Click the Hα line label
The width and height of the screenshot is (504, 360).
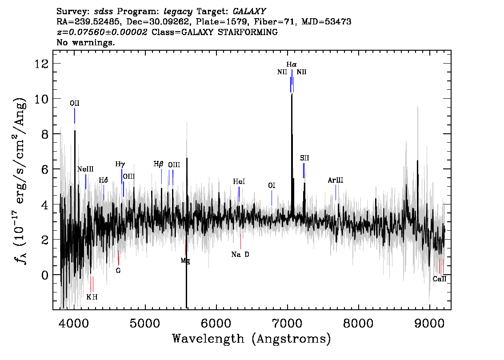pyautogui.click(x=292, y=64)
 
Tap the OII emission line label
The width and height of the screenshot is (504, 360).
pyautogui.click(x=75, y=103)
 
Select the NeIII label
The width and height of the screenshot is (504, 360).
pyautogui.click(x=85, y=169)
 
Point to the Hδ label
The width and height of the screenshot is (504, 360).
pyautogui.click(x=103, y=180)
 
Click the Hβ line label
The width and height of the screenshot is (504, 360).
pyautogui.click(x=159, y=164)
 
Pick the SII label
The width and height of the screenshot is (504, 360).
pyautogui.click(x=304, y=158)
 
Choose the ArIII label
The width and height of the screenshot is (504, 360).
pyautogui.click(x=336, y=180)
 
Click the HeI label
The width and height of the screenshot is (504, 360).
pyautogui.click(x=239, y=182)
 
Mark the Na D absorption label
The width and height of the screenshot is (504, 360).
pyautogui.click(x=240, y=255)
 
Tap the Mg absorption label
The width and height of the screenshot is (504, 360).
pyautogui.click(x=185, y=261)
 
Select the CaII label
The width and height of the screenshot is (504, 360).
pyautogui.click(x=440, y=279)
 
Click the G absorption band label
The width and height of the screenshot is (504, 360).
pyautogui.click(x=118, y=271)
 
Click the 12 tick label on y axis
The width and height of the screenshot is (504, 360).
pyautogui.click(x=41, y=64)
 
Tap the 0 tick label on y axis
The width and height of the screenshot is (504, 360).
pyautogui.click(x=45, y=275)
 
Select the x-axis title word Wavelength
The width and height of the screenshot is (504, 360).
pyautogui.click(x=208, y=339)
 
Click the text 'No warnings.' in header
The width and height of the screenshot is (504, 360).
pyautogui.click(x=85, y=42)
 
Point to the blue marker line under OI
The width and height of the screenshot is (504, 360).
pyautogui.click(x=272, y=198)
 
